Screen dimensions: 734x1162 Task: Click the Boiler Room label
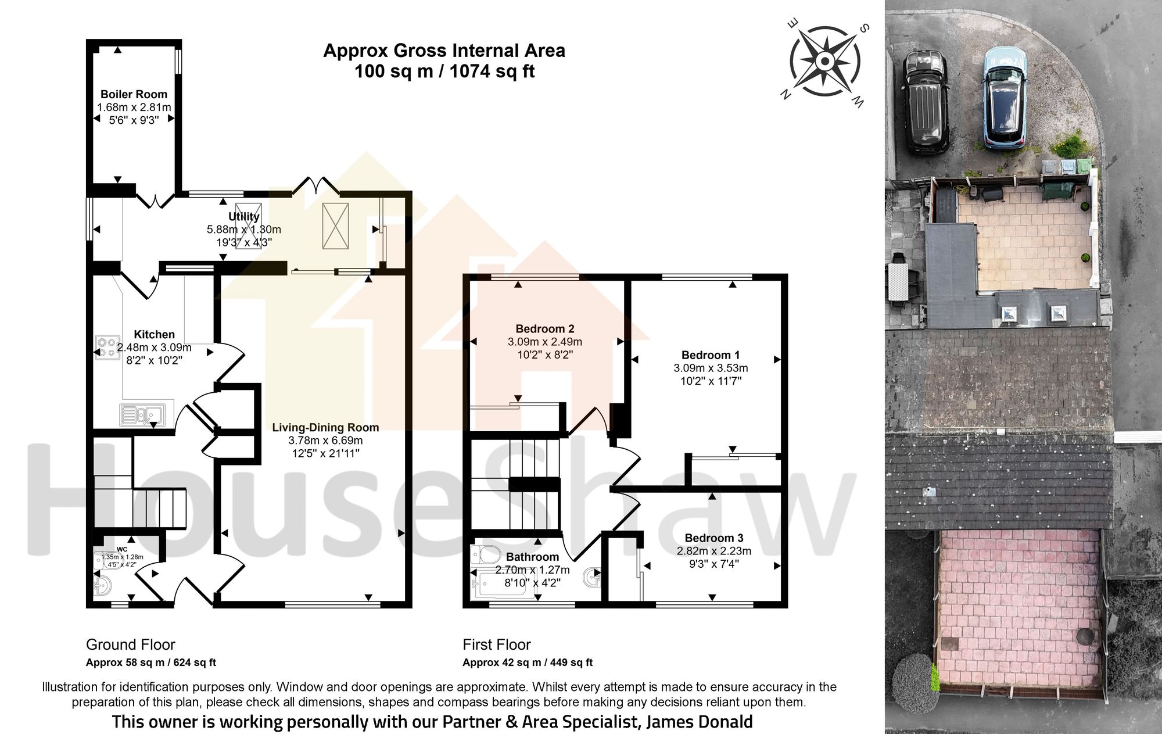pos(134,94)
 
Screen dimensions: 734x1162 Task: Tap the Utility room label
pos(243,216)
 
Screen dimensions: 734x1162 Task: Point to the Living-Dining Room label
pos(325,427)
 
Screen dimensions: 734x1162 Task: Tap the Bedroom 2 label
pos(544,329)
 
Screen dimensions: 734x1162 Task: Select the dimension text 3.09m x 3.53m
pos(711,368)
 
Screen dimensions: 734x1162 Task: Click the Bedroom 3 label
pos(713,538)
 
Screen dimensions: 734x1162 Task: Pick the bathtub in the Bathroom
pos(500,583)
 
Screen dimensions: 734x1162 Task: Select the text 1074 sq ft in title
pos(492,71)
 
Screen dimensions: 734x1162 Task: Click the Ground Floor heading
pos(130,645)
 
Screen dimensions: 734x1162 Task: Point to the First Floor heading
pos(496,645)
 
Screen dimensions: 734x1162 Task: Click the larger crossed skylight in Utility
pos(335,226)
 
